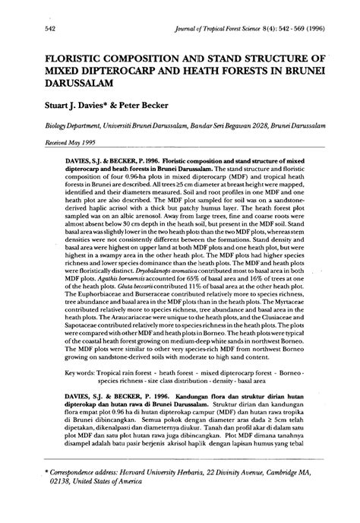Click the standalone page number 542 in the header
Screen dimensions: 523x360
pyautogui.click(x=33, y=27)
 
